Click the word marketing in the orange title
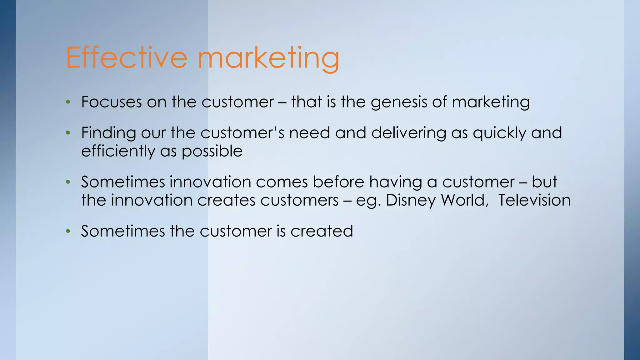coord(269,59)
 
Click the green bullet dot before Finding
coord(68,133)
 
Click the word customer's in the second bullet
coord(242,133)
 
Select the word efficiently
coord(118,152)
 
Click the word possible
coord(212,152)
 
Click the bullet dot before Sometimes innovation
coord(68,182)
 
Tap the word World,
coord(465,200)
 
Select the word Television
coord(534,200)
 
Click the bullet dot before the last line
coord(68,232)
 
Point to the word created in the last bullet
coord(322,231)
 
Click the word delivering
coord(408,133)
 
